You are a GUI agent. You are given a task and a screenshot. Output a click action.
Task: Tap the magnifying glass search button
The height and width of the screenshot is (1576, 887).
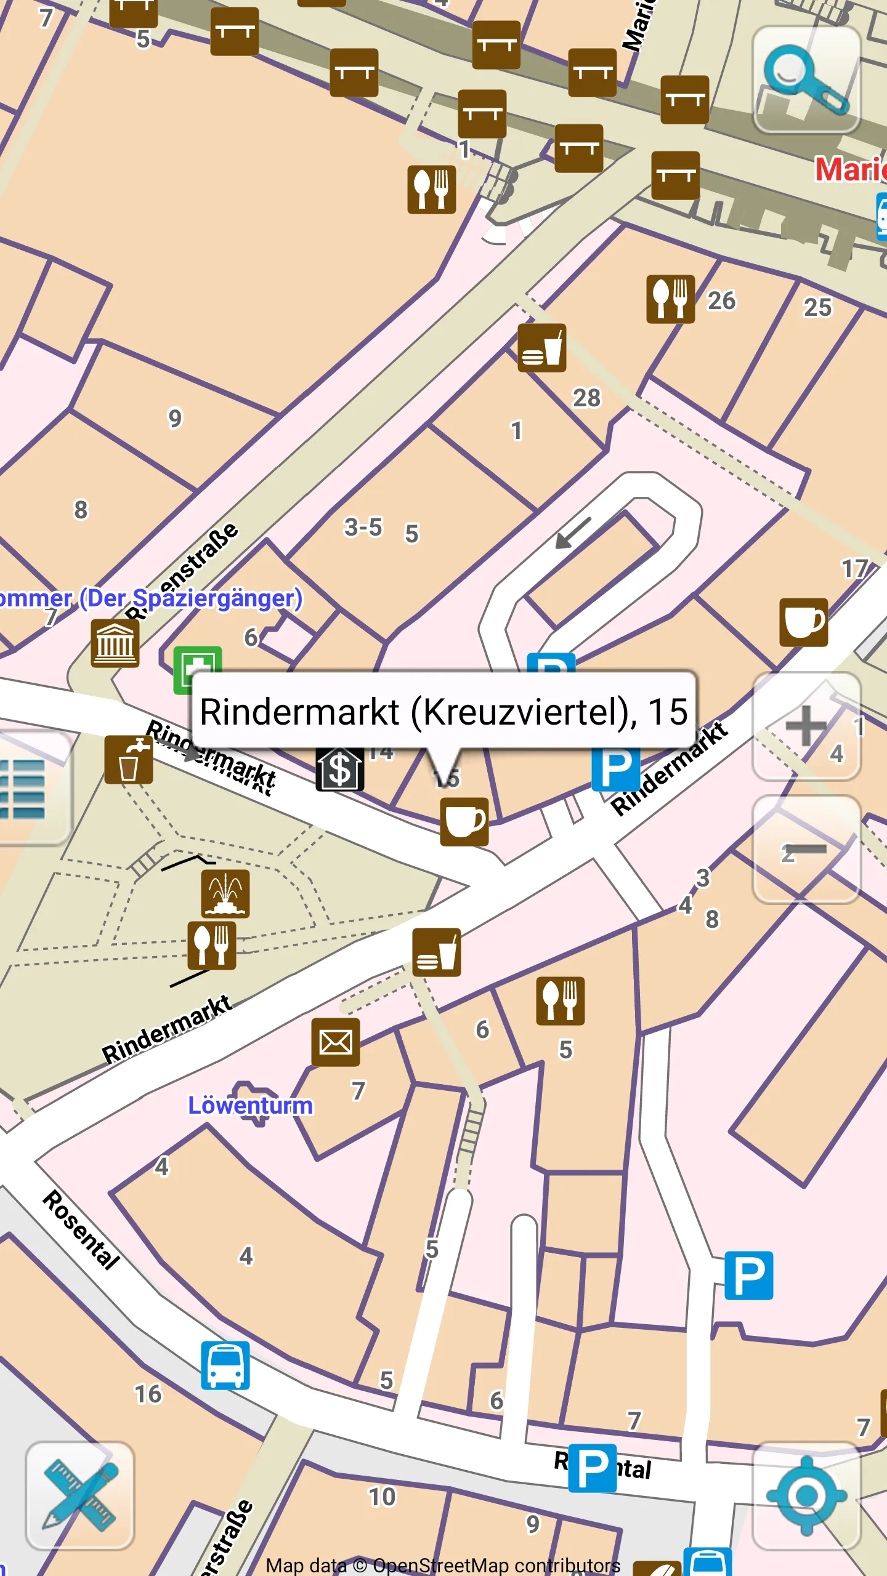[806, 80]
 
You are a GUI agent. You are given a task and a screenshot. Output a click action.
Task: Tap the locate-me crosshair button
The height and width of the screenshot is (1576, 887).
[806, 1495]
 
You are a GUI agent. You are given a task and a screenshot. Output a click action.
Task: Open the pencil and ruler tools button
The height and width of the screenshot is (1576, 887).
[80, 1495]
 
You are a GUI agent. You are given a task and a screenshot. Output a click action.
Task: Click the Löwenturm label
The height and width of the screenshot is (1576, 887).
[250, 1105]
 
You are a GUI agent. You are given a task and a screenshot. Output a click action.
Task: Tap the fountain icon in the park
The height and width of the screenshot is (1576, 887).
[225, 894]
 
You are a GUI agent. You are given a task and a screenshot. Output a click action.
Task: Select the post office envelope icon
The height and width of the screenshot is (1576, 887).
[336, 1042]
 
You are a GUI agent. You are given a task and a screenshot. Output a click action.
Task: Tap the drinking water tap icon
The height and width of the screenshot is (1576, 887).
[129, 760]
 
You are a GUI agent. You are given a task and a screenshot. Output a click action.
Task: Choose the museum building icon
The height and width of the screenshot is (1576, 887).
[115, 643]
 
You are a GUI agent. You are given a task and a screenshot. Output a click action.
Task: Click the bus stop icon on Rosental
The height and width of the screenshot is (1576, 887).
[225, 1365]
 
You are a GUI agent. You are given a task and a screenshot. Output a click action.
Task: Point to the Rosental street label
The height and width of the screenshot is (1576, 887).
[81, 1231]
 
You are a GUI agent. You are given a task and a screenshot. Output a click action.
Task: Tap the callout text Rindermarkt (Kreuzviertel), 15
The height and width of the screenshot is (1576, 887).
[443, 712]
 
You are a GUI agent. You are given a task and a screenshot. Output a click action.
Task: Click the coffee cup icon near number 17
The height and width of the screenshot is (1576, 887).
[804, 622]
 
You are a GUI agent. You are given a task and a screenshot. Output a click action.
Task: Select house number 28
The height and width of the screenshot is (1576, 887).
[586, 398]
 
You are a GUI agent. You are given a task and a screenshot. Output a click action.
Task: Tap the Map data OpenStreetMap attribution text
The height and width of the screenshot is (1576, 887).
[443, 1565]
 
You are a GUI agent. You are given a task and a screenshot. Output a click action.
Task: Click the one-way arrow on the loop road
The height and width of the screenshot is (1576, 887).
[573, 533]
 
